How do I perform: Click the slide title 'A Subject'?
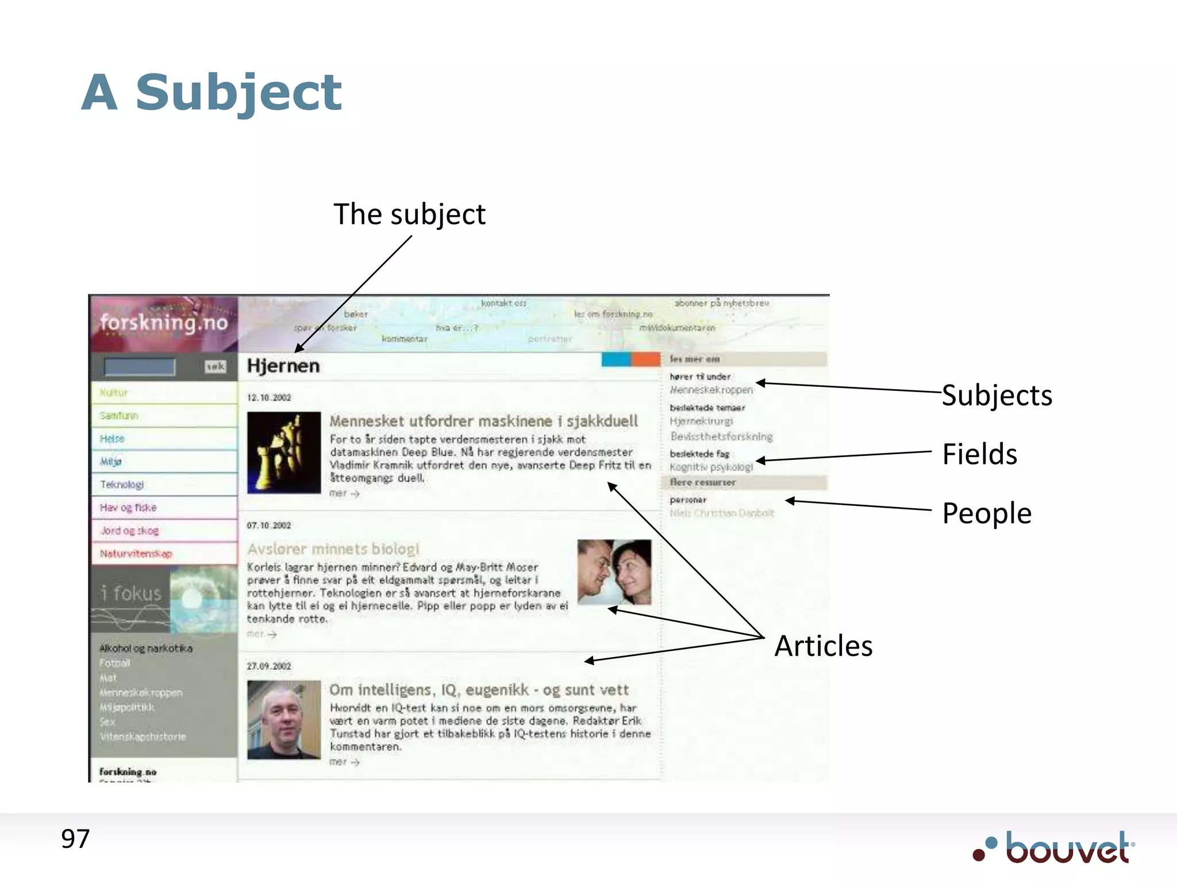[211, 93]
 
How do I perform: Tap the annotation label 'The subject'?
[409, 214]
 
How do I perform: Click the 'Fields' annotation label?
[979, 454]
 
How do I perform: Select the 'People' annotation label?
[987, 513]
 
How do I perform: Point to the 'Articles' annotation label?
[823, 646]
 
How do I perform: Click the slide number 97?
[75, 839]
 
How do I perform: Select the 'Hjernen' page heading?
[283, 366]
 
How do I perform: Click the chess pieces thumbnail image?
[284, 452]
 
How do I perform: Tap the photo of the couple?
[614, 572]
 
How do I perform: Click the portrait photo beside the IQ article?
[284, 720]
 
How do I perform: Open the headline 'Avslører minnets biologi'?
[333, 549]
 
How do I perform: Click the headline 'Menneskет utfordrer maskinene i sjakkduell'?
[483, 421]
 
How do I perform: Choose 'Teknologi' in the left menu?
[122, 485]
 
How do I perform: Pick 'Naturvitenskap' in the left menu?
[136, 554]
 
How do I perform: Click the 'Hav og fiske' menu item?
[128, 508]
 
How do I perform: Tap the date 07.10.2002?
[269, 525]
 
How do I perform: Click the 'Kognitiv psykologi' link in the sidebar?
[711, 467]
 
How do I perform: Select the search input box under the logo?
[140, 367]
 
